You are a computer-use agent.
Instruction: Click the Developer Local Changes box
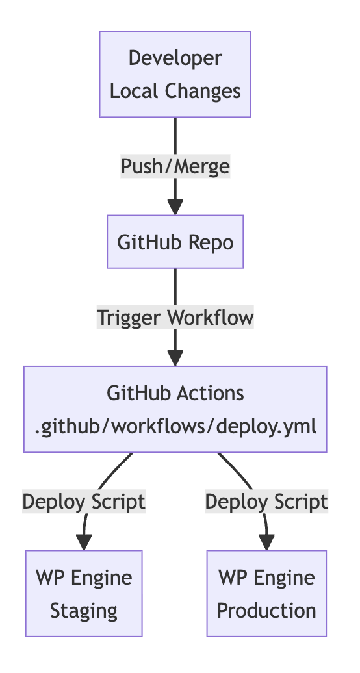click(x=175, y=74)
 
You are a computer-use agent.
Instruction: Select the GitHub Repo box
click(x=175, y=242)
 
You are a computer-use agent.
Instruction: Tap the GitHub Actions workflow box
click(x=175, y=409)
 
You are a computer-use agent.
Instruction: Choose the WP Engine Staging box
click(x=84, y=594)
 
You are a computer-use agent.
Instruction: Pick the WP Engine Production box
click(x=267, y=594)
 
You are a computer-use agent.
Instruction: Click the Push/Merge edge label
click(x=175, y=166)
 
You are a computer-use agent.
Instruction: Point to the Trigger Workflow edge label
click(x=175, y=318)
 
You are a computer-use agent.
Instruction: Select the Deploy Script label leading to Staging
click(x=84, y=502)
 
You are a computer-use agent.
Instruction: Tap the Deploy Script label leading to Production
click(x=267, y=502)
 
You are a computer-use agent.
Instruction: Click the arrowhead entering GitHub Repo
click(x=175, y=207)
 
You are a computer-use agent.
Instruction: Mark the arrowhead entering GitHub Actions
click(x=175, y=359)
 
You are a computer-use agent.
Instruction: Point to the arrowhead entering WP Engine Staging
click(x=84, y=542)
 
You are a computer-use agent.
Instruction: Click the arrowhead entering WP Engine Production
click(x=267, y=542)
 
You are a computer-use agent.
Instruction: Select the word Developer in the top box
click(x=175, y=58)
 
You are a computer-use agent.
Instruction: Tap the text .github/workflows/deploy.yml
click(x=175, y=427)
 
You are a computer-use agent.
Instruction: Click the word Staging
click(x=84, y=611)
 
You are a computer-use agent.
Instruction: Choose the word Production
click(x=267, y=611)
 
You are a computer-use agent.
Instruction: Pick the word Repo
click(x=211, y=243)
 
